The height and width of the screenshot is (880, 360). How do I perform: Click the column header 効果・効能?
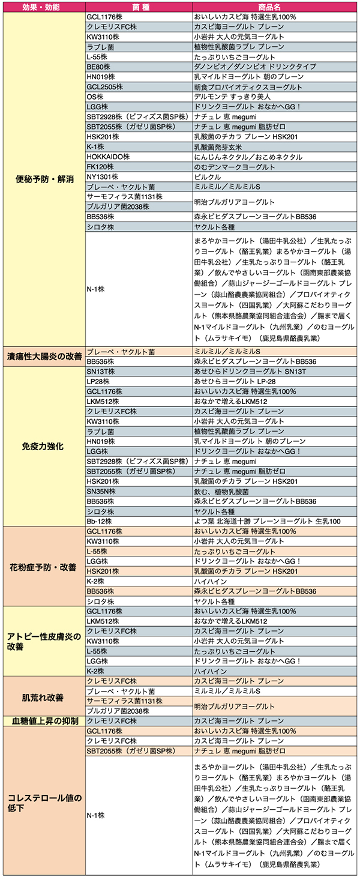(x=43, y=7)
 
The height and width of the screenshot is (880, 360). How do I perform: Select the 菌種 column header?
(x=138, y=7)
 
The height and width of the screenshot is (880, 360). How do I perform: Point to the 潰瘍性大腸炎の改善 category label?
(x=43, y=356)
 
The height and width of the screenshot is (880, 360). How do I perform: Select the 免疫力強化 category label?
(x=43, y=447)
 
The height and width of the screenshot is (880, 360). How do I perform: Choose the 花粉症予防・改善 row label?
(x=43, y=566)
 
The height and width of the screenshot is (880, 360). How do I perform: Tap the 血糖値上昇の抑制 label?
(x=43, y=720)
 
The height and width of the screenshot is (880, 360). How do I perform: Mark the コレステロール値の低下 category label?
(x=43, y=803)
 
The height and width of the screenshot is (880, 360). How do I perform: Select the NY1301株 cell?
(x=101, y=177)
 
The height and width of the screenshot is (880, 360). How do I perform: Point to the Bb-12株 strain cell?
(x=99, y=521)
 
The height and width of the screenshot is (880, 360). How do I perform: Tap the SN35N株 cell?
(x=101, y=491)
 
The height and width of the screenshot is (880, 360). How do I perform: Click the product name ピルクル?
(x=207, y=177)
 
